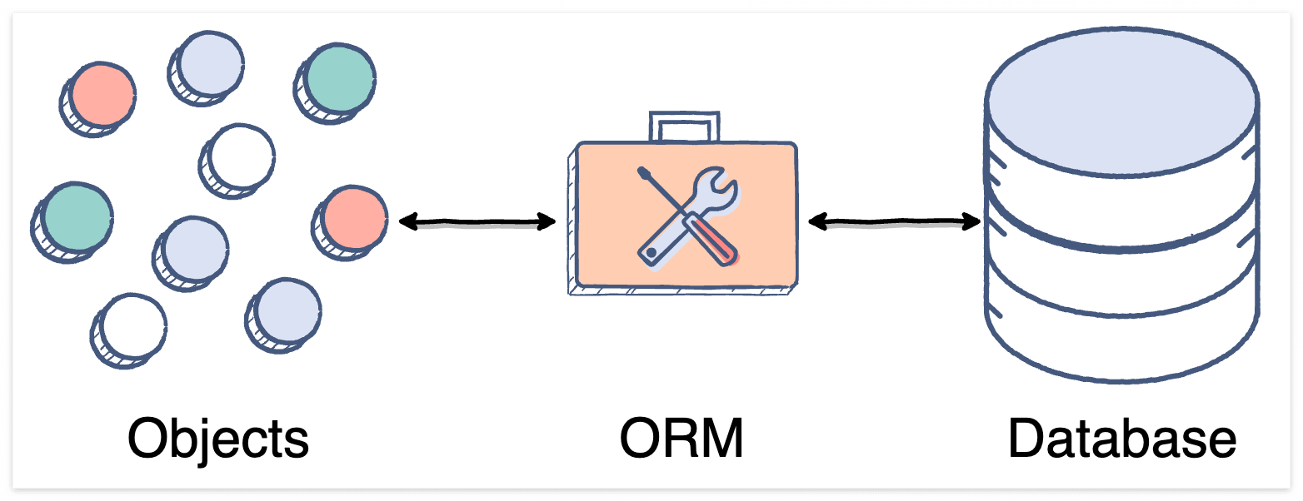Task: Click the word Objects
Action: pyautogui.click(x=218, y=438)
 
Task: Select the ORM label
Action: pyautogui.click(x=681, y=438)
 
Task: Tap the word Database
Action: pyautogui.click(x=1121, y=438)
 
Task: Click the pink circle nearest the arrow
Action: pyautogui.click(x=355, y=218)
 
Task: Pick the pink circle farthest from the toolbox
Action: pyautogui.click(x=102, y=95)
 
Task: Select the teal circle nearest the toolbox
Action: pyautogui.click(x=339, y=78)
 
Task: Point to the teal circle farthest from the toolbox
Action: pyautogui.click(x=76, y=216)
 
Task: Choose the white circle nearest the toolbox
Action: pyautogui.click(x=242, y=156)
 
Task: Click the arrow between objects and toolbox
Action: pyautogui.click(x=477, y=221)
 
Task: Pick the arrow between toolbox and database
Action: pyautogui.click(x=894, y=222)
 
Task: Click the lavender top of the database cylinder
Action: pyautogui.click(x=1121, y=100)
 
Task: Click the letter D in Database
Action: pyautogui.click(x=1026, y=438)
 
